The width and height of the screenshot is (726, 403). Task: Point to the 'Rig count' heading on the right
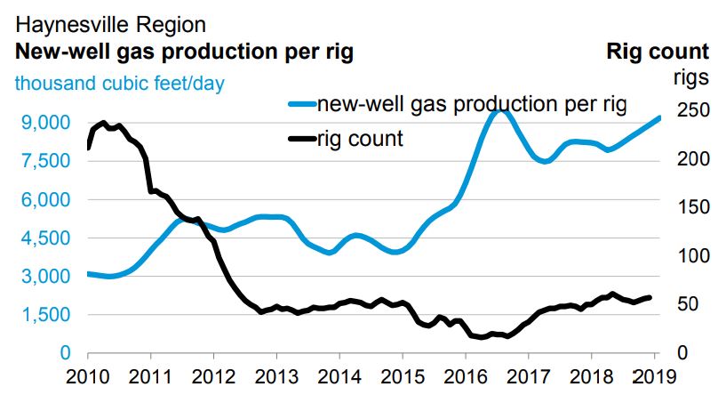(658, 52)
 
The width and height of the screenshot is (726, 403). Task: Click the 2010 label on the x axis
(87, 375)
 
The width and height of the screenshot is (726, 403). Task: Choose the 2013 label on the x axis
(276, 375)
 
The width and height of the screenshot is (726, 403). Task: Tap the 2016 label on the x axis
(466, 375)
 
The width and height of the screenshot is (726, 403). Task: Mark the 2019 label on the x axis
(655, 375)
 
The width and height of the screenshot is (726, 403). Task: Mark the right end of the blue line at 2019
(659, 117)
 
